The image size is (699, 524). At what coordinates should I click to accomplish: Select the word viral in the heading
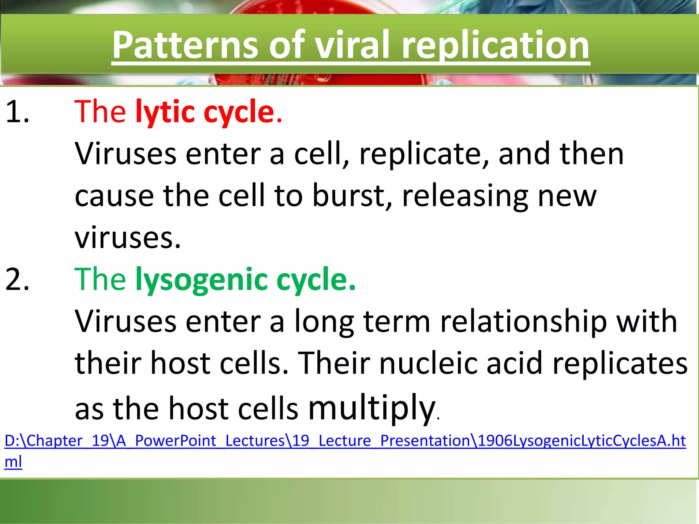click(352, 45)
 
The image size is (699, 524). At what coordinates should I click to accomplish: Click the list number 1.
click(17, 112)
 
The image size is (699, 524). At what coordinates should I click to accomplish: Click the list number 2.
click(17, 279)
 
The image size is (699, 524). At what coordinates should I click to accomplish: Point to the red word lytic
click(165, 112)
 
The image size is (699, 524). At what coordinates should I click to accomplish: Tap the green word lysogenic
click(201, 279)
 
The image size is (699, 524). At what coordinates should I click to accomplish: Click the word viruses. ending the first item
click(127, 238)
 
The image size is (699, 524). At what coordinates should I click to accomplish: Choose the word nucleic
click(428, 363)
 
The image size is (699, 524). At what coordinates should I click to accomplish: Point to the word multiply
click(372, 408)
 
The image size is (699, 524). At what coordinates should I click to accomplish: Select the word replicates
click(619, 363)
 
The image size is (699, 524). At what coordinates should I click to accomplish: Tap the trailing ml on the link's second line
click(13, 462)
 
